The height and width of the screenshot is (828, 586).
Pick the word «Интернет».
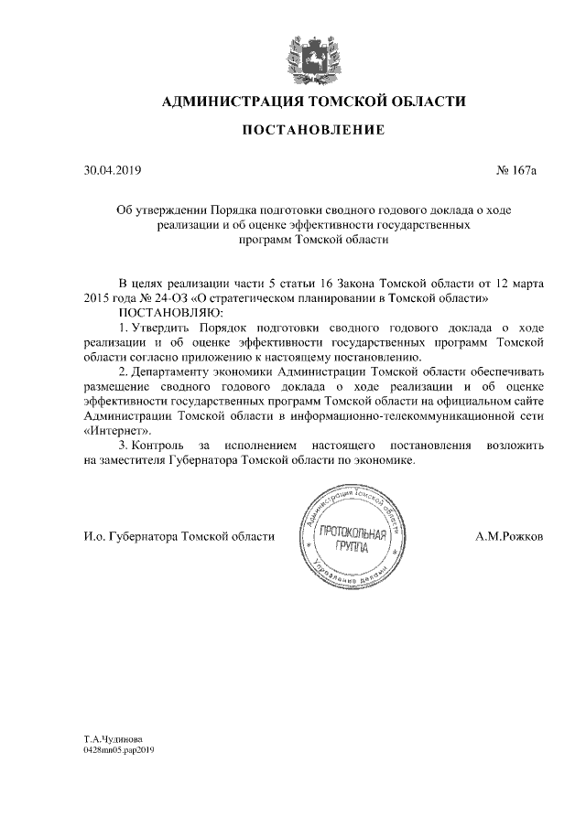pyautogui.click(x=116, y=430)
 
